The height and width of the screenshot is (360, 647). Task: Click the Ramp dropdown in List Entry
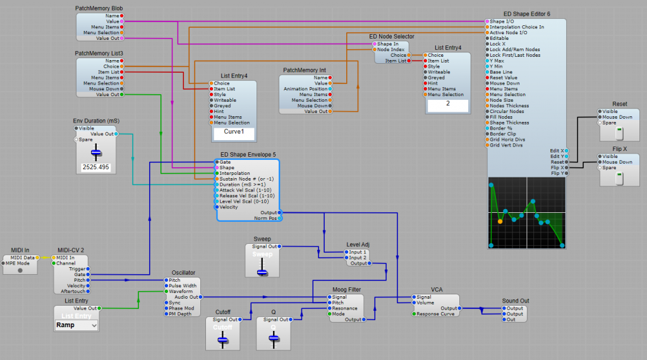click(x=76, y=325)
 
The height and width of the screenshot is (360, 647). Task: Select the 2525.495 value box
click(x=96, y=167)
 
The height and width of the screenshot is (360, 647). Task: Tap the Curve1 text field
click(x=234, y=133)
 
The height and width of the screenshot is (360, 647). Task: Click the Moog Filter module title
click(x=348, y=289)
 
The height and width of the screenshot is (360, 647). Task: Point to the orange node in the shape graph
click(x=500, y=221)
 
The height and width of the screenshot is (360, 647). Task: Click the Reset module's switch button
click(x=619, y=134)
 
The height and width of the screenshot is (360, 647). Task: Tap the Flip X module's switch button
click(x=619, y=179)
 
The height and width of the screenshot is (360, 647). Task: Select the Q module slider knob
click(x=273, y=339)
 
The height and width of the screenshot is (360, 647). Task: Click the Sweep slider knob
click(x=262, y=271)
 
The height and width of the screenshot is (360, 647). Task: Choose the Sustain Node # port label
click(x=243, y=179)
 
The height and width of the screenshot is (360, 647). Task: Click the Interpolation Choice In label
click(x=517, y=27)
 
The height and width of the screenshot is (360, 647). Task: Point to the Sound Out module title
click(x=516, y=301)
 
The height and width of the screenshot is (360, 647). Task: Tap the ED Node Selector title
click(x=392, y=37)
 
